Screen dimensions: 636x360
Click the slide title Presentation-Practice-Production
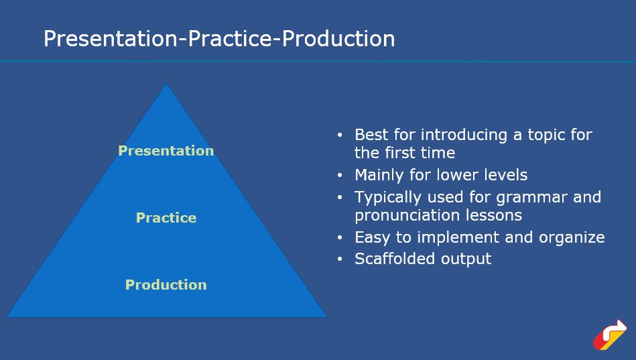click(219, 40)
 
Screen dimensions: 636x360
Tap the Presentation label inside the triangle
click(166, 151)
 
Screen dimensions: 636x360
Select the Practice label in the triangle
click(166, 218)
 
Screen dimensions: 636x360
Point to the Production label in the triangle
click(166, 284)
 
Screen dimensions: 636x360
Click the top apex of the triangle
click(166, 84)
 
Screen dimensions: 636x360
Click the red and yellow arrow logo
click(610, 335)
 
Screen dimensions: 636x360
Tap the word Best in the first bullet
click(371, 134)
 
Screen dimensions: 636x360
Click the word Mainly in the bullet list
click(379, 175)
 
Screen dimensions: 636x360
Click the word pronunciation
click(407, 215)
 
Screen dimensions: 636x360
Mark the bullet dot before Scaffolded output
click(340, 259)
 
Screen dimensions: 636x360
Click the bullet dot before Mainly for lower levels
click(340, 176)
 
